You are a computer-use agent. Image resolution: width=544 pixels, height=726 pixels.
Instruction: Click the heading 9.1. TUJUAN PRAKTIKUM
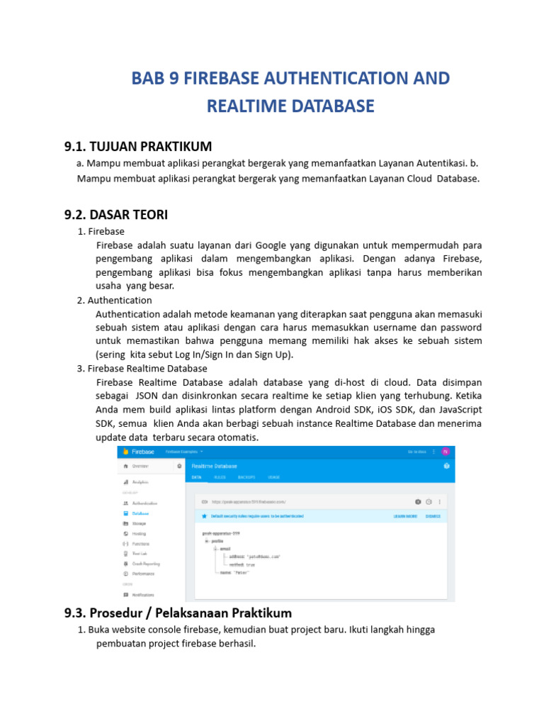tap(138, 147)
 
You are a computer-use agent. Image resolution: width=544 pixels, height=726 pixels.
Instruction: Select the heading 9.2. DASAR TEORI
tap(116, 215)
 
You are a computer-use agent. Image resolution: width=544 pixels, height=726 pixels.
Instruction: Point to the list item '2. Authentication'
tap(114, 300)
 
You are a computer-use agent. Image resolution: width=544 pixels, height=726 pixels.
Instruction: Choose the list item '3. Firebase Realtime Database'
tap(142, 369)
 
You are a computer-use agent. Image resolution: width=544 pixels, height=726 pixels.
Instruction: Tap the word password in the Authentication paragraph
tap(461, 328)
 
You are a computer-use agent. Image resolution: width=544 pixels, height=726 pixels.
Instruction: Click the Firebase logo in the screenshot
tap(125, 452)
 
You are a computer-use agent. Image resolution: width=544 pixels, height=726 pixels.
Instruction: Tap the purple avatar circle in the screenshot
tap(445, 452)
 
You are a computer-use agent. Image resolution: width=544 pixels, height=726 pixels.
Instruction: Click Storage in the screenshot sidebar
tap(138, 523)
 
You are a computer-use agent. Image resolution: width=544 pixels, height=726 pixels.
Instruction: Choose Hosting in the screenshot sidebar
tap(139, 533)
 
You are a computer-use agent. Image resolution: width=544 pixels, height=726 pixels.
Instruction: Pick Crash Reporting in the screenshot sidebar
tap(146, 564)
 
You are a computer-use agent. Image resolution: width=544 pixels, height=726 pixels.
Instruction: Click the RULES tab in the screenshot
tap(220, 477)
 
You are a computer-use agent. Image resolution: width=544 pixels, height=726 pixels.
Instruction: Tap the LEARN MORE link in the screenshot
tap(405, 517)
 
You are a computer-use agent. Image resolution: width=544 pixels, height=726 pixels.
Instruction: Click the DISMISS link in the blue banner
tap(433, 517)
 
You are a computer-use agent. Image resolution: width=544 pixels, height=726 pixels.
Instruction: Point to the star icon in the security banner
tap(204, 517)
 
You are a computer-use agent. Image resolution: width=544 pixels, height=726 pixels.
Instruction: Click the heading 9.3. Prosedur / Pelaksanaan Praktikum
tap(178, 613)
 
